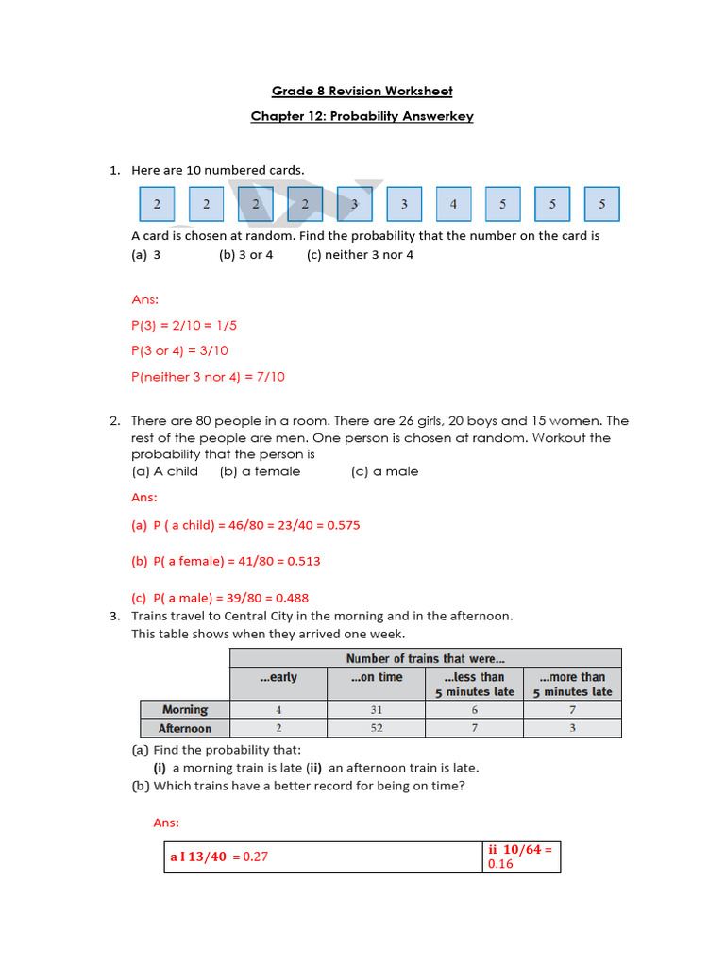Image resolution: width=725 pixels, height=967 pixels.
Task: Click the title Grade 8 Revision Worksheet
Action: tap(362, 91)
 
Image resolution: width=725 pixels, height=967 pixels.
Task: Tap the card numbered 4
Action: tap(453, 204)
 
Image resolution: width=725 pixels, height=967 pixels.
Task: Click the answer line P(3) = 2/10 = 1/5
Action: tap(184, 325)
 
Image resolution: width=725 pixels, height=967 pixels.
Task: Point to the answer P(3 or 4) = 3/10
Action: tap(179, 350)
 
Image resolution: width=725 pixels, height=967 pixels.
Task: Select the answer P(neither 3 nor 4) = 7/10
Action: tap(208, 376)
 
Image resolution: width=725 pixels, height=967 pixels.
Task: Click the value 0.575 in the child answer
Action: tap(343, 525)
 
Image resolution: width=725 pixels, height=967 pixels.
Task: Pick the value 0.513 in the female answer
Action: tap(303, 561)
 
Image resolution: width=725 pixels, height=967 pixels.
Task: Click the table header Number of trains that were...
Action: tap(426, 658)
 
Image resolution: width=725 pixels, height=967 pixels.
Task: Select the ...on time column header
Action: tap(376, 677)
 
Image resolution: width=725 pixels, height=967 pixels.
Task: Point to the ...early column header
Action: tap(278, 677)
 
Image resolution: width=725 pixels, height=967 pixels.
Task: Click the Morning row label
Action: tap(185, 709)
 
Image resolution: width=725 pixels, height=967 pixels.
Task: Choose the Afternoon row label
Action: tap(185, 728)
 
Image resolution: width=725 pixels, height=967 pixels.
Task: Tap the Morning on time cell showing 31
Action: tap(376, 709)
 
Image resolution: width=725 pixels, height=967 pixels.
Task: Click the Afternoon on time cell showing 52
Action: tap(376, 728)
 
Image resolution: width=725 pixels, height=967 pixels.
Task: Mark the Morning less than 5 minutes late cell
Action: tap(474, 709)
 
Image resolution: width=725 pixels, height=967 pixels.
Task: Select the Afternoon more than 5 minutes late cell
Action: tap(572, 728)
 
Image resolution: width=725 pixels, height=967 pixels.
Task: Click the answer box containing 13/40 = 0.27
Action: tap(322, 857)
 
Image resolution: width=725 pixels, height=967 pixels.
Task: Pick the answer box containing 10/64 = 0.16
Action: tap(521, 857)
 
